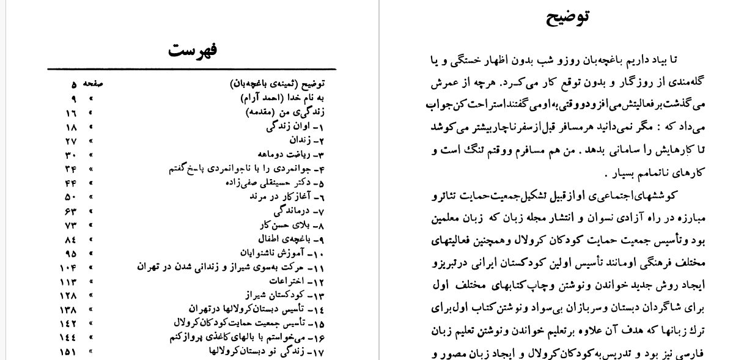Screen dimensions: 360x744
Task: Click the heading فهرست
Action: pyautogui.click(x=192, y=49)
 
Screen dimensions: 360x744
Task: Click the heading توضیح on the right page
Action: pyautogui.click(x=568, y=16)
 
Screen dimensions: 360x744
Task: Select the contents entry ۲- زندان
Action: pyautogui.click(x=306, y=140)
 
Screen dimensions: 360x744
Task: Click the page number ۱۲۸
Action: pyautogui.click(x=68, y=295)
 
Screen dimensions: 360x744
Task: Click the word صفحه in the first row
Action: pyautogui.click(x=93, y=84)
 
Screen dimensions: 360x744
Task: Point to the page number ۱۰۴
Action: pyautogui.click(x=68, y=267)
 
